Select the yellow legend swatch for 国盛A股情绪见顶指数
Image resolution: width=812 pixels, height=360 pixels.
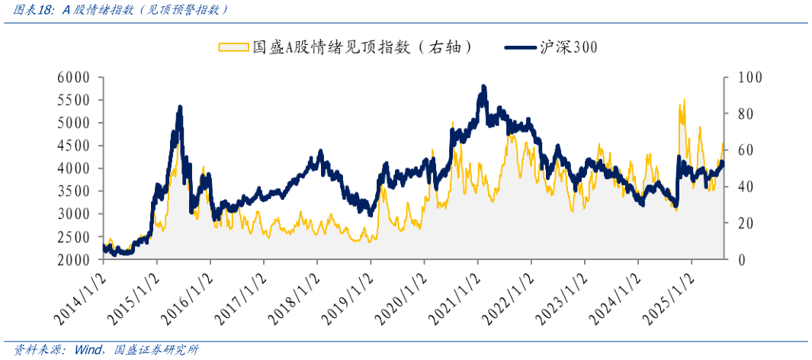click(x=233, y=47)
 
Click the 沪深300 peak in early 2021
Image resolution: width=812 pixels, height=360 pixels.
click(x=483, y=87)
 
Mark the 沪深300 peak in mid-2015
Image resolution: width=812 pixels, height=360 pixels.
click(x=179, y=108)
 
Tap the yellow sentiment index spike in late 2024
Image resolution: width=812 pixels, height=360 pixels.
click(x=684, y=99)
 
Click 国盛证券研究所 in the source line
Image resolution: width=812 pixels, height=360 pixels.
click(x=156, y=350)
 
